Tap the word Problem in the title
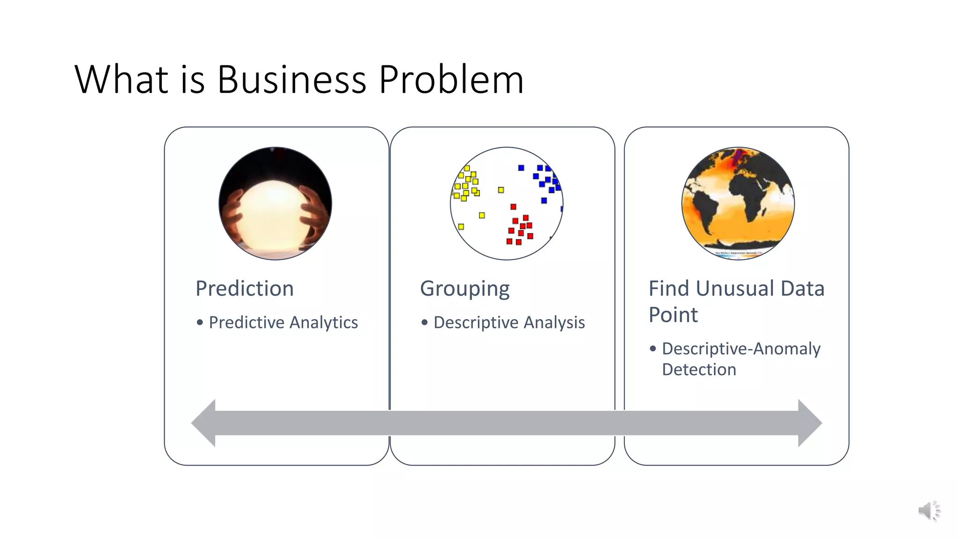tap(451, 80)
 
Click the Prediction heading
tap(245, 288)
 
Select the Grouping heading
tap(464, 289)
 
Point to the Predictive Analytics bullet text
tap(283, 322)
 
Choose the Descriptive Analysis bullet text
tap(509, 322)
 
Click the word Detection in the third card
tap(699, 370)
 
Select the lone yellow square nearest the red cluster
tap(501, 190)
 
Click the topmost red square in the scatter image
tap(513, 207)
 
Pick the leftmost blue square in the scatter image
tap(521, 168)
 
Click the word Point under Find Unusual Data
tap(673, 314)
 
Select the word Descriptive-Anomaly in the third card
tap(741, 349)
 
